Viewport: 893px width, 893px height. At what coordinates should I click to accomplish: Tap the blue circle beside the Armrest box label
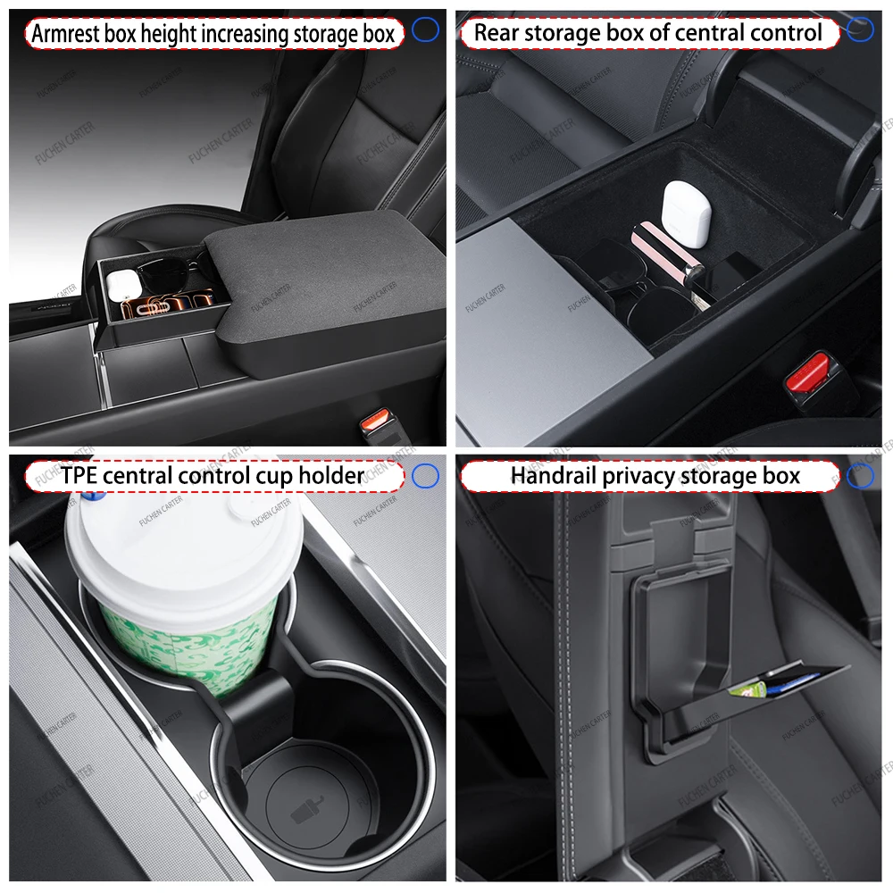426,30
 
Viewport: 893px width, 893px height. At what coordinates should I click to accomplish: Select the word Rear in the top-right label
497,34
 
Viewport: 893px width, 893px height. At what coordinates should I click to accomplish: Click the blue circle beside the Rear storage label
860,30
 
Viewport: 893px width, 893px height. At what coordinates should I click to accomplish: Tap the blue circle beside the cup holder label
426,476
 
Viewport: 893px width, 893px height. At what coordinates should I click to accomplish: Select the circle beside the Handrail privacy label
860,476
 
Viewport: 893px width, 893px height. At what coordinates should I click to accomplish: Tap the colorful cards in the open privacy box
748,686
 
